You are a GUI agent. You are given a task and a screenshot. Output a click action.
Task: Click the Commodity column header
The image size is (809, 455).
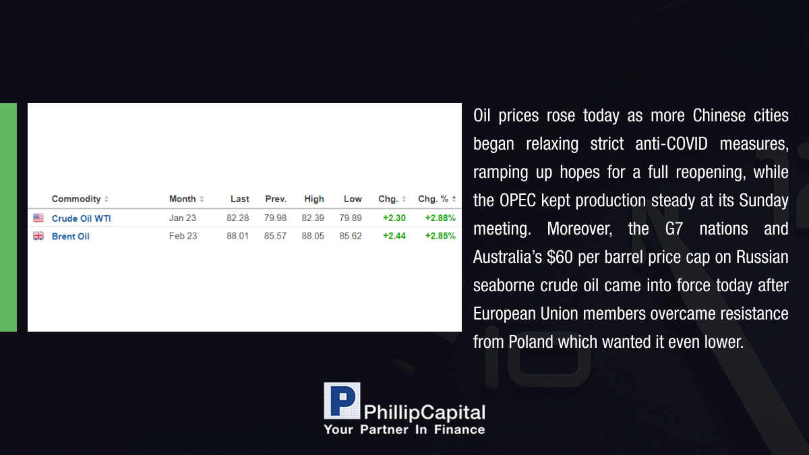tap(76, 199)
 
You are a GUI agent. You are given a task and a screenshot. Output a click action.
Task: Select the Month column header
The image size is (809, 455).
tap(183, 199)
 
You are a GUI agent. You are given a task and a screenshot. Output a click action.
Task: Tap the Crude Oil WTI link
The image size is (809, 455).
tap(82, 218)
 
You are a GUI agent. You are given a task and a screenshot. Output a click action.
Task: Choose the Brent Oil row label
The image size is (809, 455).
tap(70, 237)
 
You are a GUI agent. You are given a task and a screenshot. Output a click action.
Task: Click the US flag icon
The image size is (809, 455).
tap(38, 218)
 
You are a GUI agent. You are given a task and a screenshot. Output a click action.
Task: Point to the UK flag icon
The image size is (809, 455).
tap(38, 236)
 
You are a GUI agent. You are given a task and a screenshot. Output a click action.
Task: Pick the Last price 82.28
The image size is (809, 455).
tap(237, 218)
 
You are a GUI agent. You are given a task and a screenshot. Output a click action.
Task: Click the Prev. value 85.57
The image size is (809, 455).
tap(275, 236)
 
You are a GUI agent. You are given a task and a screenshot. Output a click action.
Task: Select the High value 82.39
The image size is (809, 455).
tap(313, 218)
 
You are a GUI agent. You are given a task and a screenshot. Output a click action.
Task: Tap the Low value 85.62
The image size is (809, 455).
tap(351, 236)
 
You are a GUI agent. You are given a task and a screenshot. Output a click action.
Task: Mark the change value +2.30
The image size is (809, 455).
tap(394, 218)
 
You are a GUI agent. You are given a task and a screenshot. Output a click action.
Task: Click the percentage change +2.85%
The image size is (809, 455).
tap(440, 236)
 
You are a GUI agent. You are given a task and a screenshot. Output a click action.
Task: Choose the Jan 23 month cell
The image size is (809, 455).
tap(183, 218)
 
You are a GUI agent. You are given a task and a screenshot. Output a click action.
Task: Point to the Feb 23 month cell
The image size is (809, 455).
tap(183, 236)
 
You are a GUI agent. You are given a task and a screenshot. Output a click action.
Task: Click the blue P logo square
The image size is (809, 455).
tap(342, 401)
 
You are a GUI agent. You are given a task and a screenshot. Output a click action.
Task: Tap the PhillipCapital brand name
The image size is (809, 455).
tap(424, 413)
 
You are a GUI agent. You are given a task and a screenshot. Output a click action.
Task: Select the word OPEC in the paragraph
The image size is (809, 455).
tap(518, 200)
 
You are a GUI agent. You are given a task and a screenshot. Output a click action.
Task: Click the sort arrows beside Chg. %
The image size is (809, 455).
tap(454, 199)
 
